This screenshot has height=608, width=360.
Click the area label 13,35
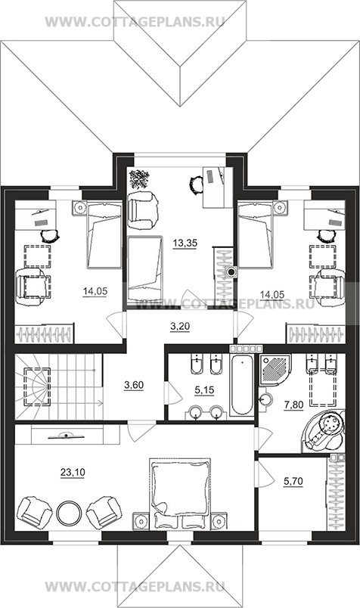click(x=185, y=244)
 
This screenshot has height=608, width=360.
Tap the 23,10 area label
click(x=73, y=473)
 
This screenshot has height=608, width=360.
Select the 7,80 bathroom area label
click(x=293, y=405)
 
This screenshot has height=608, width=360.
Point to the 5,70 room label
click(x=293, y=482)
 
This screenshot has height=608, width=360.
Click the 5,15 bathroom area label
click(x=204, y=390)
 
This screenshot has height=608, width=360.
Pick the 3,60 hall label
click(x=134, y=385)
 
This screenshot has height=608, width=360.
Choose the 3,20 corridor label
click(x=180, y=327)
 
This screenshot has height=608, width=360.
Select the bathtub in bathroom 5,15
click(x=242, y=385)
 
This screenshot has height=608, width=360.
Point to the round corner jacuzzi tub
click(x=324, y=430)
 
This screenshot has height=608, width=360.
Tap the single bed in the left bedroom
click(x=104, y=234)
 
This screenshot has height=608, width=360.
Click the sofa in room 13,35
click(x=144, y=269)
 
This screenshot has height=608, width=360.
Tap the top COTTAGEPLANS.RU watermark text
click(x=135, y=22)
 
